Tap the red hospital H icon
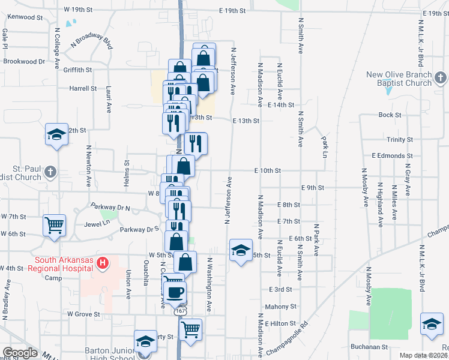[x=103, y=263]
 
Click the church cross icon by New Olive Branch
[x=441, y=78]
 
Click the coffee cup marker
[x=175, y=292]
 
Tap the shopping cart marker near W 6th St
[x=54, y=226]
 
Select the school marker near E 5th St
[x=240, y=251]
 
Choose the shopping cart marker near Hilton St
[x=190, y=329]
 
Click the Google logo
[x=19, y=353]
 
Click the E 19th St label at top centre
[x=233, y=11]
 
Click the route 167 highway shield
[x=180, y=312]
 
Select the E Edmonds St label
[x=392, y=155]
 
